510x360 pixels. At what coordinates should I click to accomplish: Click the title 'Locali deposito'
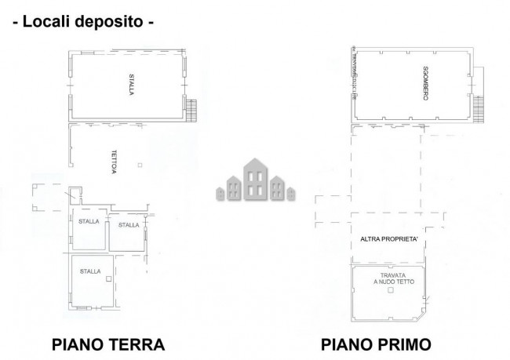(82, 22)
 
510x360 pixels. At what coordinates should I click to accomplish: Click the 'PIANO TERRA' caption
(107, 344)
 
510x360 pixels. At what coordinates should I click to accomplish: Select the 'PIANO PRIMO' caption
(377, 344)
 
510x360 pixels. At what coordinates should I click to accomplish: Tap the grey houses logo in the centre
(254, 180)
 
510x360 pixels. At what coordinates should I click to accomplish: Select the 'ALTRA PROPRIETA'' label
(389, 238)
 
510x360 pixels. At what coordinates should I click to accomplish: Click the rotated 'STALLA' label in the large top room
(132, 85)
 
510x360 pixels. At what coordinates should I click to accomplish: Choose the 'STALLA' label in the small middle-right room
(128, 225)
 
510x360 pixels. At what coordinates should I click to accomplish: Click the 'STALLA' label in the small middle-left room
(89, 221)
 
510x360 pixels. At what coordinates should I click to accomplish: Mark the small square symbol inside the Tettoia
(139, 165)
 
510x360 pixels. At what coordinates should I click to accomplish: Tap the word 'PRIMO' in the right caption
(404, 344)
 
